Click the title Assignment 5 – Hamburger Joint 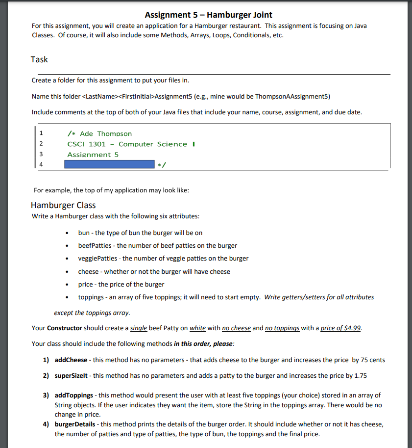coord(209,15)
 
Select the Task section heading coord(39,59)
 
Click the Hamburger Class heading coord(63,205)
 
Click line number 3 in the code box coord(41,154)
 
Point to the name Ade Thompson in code coord(105,133)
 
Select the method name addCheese coord(71,360)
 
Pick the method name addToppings coord(73,395)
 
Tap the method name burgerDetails coord(75,424)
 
